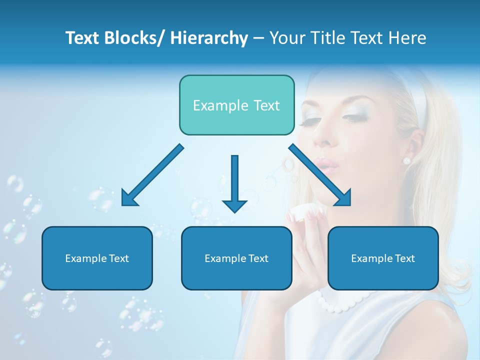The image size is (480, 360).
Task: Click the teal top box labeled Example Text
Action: (x=236, y=105)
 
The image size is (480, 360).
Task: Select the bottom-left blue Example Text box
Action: (x=97, y=258)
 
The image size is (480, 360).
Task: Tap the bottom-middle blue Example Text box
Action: (x=236, y=258)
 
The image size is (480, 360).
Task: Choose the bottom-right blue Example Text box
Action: (x=383, y=258)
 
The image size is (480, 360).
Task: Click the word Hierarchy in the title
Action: (x=209, y=38)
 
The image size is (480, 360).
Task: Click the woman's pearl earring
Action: (x=406, y=160)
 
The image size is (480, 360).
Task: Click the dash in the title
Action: (x=258, y=38)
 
